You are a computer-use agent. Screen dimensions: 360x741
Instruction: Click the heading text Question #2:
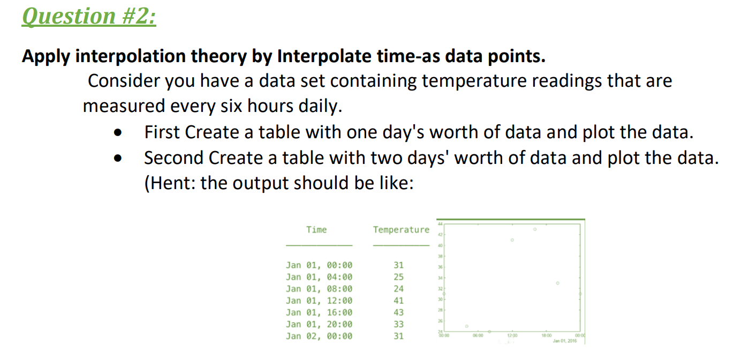pyautogui.click(x=89, y=16)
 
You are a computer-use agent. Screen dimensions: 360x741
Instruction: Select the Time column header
pyautogui.click(x=316, y=230)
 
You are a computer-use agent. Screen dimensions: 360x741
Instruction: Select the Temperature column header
pyautogui.click(x=401, y=230)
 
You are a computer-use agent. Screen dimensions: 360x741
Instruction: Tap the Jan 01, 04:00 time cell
pyautogui.click(x=319, y=277)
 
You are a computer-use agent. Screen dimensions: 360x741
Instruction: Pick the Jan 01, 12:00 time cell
pyautogui.click(x=319, y=301)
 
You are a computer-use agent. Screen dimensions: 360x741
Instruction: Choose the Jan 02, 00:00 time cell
pyautogui.click(x=319, y=336)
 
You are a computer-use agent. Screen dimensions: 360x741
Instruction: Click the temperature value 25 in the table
pyautogui.click(x=399, y=277)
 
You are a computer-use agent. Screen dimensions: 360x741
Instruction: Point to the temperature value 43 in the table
pyautogui.click(x=399, y=312)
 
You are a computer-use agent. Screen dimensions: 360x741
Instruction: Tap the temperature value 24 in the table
pyautogui.click(x=399, y=289)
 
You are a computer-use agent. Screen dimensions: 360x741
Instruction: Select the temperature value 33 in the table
pyautogui.click(x=399, y=324)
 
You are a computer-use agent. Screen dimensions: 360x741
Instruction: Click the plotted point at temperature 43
pyautogui.click(x=534, y=229)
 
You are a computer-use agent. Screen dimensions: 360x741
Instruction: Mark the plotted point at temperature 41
pyautogui.click(x=512, y=240)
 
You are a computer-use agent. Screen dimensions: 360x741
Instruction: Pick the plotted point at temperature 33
pyautogui.click(x=557, y=282)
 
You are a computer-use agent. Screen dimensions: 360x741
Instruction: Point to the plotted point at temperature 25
pyautogui.click(x=466, y=326)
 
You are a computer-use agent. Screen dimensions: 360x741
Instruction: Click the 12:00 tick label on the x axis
pyautogui.click(x=512, y=335)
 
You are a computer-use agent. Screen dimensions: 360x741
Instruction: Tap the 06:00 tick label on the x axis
pyautogui.click(x=478, y=335)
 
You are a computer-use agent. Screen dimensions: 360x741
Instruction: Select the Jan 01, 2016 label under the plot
pyautogui.click(x=565, y=341)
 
